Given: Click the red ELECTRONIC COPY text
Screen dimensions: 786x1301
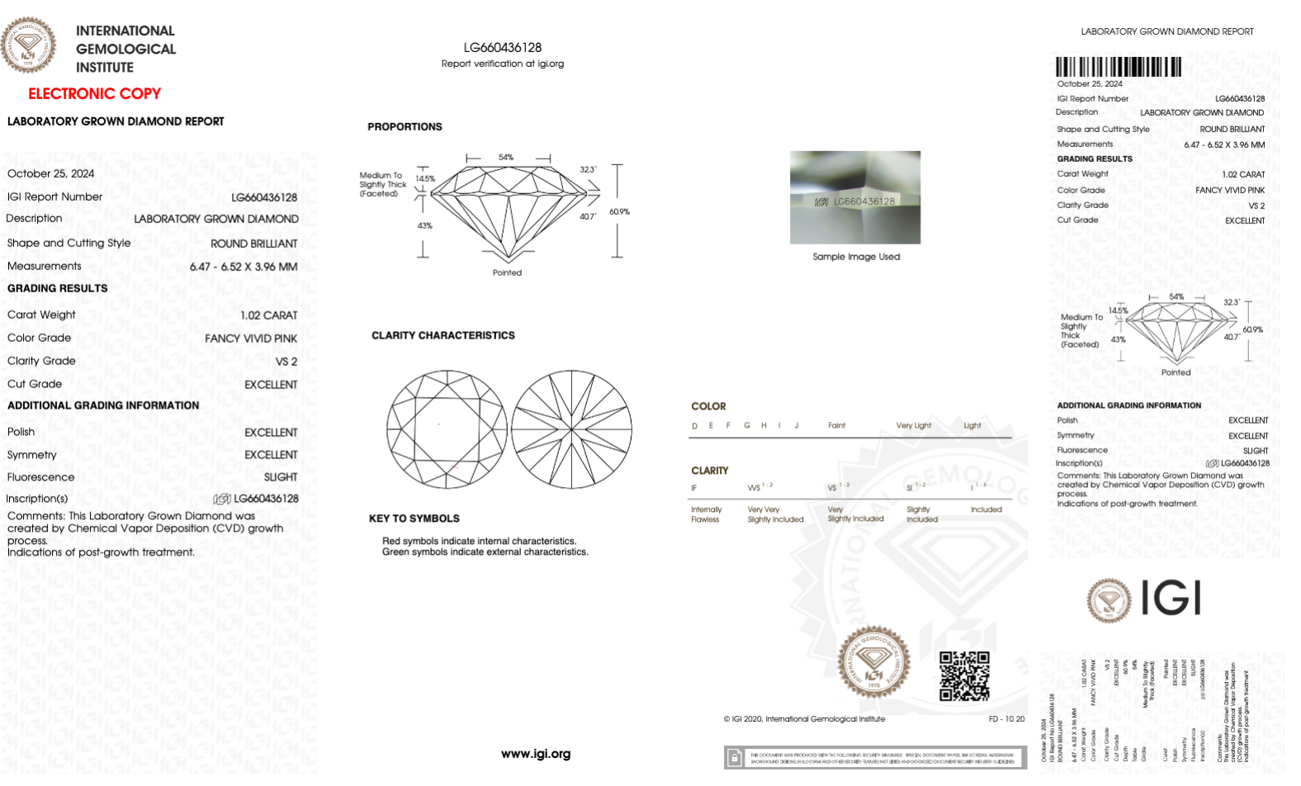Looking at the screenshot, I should click(x=94, y=94).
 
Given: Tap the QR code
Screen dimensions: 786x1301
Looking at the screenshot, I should click(x=963, y=675).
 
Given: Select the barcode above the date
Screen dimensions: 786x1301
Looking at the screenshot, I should click(x=1118, y=67).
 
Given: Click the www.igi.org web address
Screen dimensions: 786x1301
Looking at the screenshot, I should click(x=535, y=754).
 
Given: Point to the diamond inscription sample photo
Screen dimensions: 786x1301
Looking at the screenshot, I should click(x=854, y=197).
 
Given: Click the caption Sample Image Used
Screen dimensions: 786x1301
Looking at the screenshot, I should click(x=855, y=257).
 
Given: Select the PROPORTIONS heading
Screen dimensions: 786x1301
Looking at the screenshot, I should click(x=404, y=127).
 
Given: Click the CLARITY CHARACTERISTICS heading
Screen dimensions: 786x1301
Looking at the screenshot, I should click(x=442, y=336).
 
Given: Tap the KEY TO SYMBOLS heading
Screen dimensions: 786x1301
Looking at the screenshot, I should click(x=414, y=518).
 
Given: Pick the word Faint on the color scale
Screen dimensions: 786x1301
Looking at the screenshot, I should click(x=836, y=426).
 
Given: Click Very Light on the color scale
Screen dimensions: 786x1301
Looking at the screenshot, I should click(x=913, y=426).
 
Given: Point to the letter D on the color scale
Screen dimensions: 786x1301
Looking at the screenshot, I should click(x=694, y=426).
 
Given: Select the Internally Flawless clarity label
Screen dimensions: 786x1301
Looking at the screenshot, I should click(x=706, y=514).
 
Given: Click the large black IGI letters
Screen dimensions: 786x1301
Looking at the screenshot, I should click(x=1171, y=598).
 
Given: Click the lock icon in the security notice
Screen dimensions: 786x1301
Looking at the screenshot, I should click(x=733, y=757).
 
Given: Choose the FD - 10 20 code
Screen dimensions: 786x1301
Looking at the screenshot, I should click(x=1005, y=719).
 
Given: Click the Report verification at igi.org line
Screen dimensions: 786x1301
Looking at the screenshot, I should click(x=502, y=64).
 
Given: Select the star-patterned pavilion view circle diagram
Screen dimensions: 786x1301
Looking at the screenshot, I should click(x=571, y=429).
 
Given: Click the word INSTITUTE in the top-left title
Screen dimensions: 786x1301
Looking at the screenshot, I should click(x=105, y=68).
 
